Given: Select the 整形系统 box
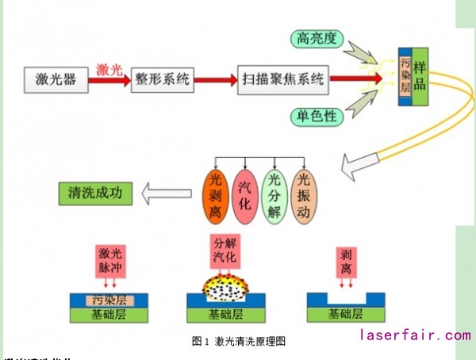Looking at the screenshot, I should click(x=162, y=79).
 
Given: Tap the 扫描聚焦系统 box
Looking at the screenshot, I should click(x=282, y=79).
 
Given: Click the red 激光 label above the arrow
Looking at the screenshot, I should click(x=109, y=70).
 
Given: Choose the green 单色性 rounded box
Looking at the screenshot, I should click(x=317, y=117).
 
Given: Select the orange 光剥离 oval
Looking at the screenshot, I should click(x=216, y=196).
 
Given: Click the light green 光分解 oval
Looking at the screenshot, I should click(x=274, y=196).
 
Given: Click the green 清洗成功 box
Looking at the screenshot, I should click(x=95, y=193).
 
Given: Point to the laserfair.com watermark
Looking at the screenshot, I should click(x=415, y=335).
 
